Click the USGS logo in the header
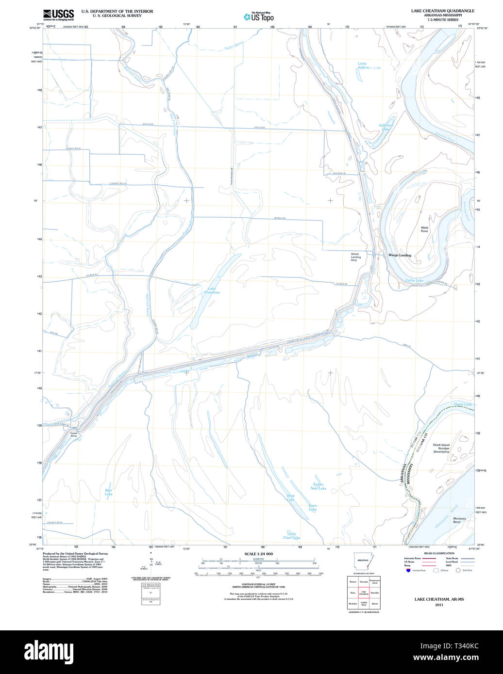point(58,14)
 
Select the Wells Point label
point(424,229)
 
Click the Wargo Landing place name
point(399,255)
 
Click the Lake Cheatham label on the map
point(211,290)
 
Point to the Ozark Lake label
point(462,404)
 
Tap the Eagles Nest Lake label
point(319,486)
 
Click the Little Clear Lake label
point(291,535)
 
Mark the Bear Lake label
point(109,492)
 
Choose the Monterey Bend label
point(459,520)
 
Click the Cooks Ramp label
point(74,434)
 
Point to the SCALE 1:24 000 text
point(258,554)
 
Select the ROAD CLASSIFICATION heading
point(438,553)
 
